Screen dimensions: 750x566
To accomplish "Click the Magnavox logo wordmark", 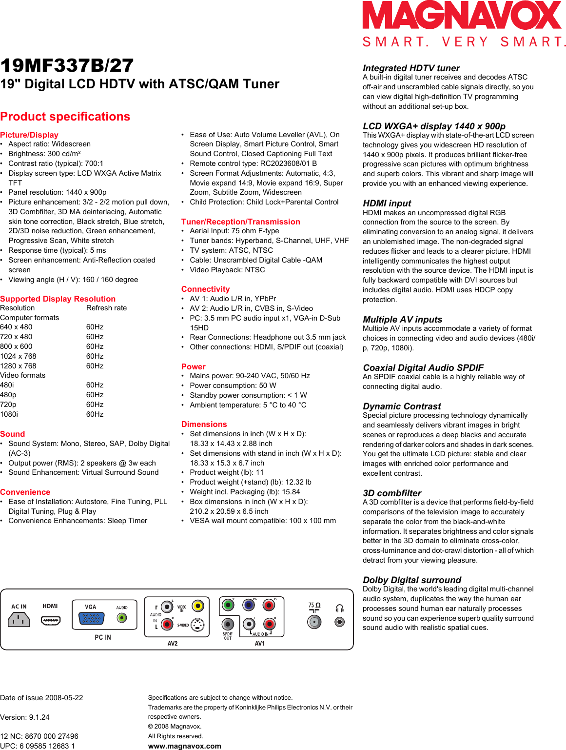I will (462, 16).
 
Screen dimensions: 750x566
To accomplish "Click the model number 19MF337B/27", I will (67, 66).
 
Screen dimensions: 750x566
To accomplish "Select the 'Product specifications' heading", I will (65, 117).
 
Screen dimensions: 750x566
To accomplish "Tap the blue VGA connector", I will (91, 619).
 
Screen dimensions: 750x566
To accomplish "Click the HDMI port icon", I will (50, 621).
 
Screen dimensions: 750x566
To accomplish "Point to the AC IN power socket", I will (19, 620).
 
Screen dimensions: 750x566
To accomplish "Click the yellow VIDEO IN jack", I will (197, 606).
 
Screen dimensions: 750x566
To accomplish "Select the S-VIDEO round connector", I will (197, 625).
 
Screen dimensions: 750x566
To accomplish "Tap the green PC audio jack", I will (122, 618).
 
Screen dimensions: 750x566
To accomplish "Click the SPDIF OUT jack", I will (228, 624).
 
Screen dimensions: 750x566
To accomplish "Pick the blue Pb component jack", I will (249, 606).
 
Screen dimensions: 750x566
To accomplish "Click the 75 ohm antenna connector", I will (314, 622).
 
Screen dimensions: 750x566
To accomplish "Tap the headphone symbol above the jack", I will (340, 608).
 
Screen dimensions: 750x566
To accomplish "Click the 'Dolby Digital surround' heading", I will (412, 580).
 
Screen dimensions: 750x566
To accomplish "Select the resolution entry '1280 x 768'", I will (18, 366).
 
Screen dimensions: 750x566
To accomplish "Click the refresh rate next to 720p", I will (95, 405).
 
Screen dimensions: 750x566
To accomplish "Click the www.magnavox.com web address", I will (184, 746).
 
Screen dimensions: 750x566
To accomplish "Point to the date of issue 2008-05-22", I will (41, 698).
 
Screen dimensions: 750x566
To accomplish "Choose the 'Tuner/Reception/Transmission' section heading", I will (240, 222).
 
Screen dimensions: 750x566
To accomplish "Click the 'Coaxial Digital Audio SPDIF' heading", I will (423, 367).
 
